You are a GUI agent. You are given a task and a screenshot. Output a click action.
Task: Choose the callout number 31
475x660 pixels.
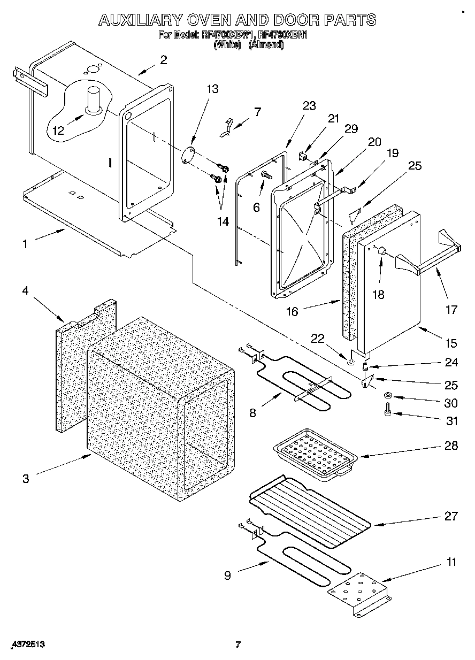[x=452, y=421]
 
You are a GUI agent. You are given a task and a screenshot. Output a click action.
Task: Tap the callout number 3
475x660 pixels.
[x=26, y=479]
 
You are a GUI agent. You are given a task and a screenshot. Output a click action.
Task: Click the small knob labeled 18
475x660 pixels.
[x=381, y=250]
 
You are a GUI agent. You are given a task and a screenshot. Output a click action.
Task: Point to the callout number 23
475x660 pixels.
[x=309, y=106]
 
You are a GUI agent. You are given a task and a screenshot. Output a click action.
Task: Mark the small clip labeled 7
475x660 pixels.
[x=227, y=128]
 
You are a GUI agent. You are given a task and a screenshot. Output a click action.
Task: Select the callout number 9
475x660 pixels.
[x=227, y=575]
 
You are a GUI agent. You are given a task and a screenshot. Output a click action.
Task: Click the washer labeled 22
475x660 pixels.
[x=350, y=363]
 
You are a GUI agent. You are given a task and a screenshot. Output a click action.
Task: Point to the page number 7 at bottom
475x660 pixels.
[x=238, y=644]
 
